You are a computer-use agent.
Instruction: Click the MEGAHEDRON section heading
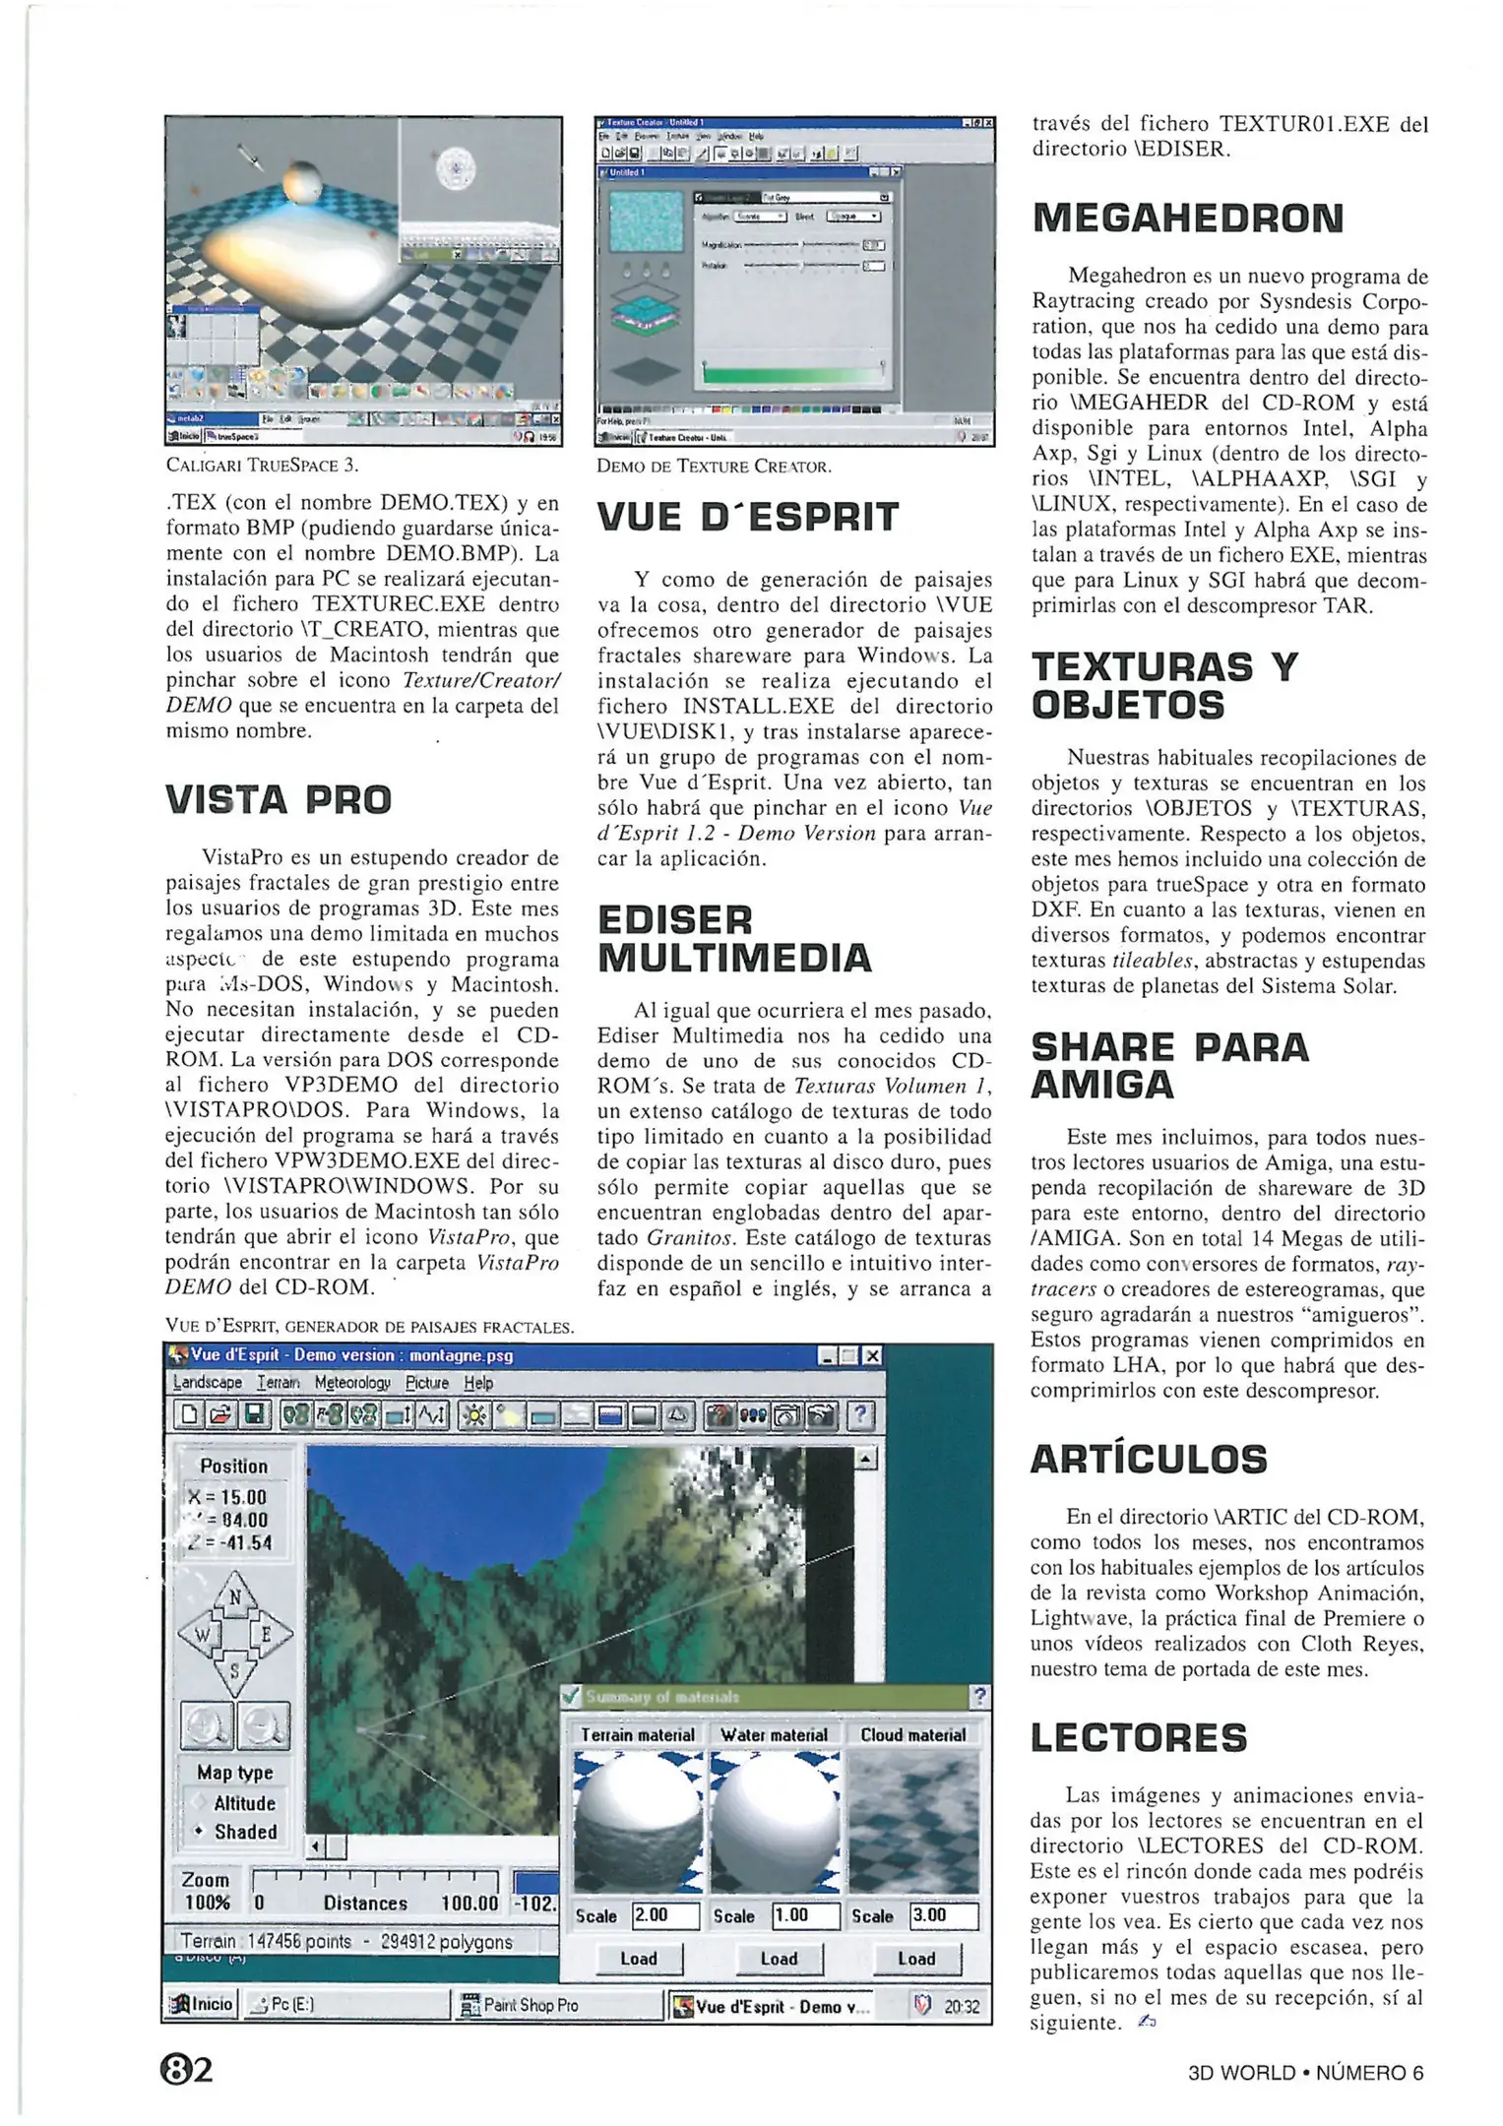point(1187,218)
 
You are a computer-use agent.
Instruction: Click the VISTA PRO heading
point(279,799)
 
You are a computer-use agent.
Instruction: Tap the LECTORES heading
point(1138,1737)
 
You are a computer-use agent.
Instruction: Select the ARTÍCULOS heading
point(1148,1459)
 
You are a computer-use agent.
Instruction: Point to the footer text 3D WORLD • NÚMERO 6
point(1304,2072)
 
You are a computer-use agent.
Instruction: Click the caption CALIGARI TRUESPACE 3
point(262,465)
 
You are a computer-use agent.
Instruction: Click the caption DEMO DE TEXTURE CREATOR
point(714,467)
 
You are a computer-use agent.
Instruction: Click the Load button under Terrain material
point(638,1958)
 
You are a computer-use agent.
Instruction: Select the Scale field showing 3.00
point(943,1915)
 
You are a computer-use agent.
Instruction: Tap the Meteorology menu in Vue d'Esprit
point(352,1383)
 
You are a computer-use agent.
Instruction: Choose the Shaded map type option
point(245,1832)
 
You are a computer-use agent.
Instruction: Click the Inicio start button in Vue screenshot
point(202,2004)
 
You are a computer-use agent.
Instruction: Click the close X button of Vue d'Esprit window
point(872,1355)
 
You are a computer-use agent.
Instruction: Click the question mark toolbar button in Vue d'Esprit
point(860,1415)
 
